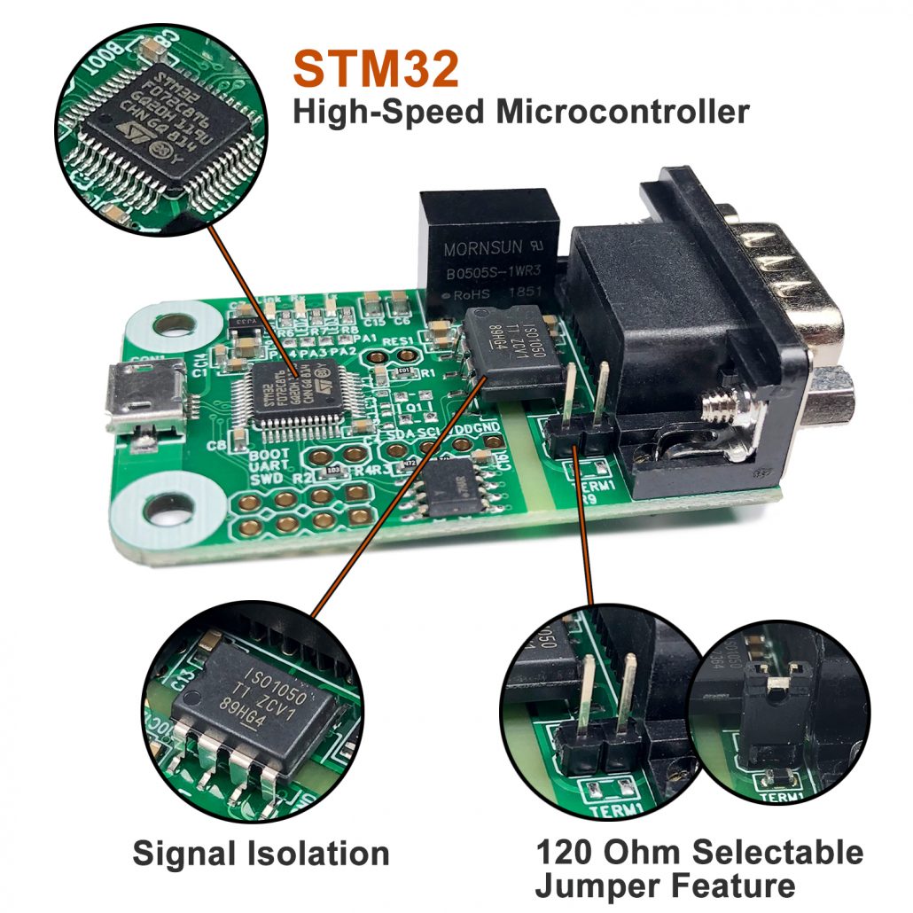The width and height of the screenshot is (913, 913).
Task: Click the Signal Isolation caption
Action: [x=261, y=854]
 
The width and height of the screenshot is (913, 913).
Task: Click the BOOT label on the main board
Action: [x=245, y=453]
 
